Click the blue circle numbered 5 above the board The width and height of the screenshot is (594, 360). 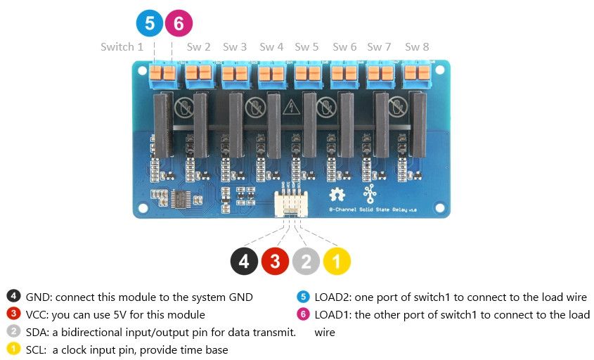pyautogui.click(x=150, y=23)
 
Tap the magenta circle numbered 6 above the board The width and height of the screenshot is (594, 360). pyautogui.click(x=179, y=23)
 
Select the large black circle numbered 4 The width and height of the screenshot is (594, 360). pyautogui.click(x=244, y=262)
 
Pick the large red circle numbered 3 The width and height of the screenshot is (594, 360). pyautogui.click(x=275, y=262)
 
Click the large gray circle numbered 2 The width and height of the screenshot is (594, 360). pyautogui.click(x=306, y=262)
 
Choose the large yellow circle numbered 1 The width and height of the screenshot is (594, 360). pyautogui.click(x=337, y=262)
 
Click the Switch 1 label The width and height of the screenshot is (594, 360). pyautogui.click(x=122, y=47)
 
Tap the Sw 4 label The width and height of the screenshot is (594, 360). pyautogui.click(x=271, y=47)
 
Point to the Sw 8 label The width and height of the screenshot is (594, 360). pyautogui.click(x=417, y=47)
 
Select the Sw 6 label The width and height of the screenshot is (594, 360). pyautogui.click(x=344, y=47)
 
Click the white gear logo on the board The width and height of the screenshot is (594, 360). pyautogui.click(x=337, y=195)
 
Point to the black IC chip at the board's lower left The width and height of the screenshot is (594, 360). pyautogui.click(x=181, y=199)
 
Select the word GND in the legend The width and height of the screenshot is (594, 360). pyautogui.click(x=37, y=297)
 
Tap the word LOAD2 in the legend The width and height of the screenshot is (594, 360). pyautogui.click(x=331, y=297)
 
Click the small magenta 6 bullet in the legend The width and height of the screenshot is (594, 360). pyautogui.click(x=303, y=315)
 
